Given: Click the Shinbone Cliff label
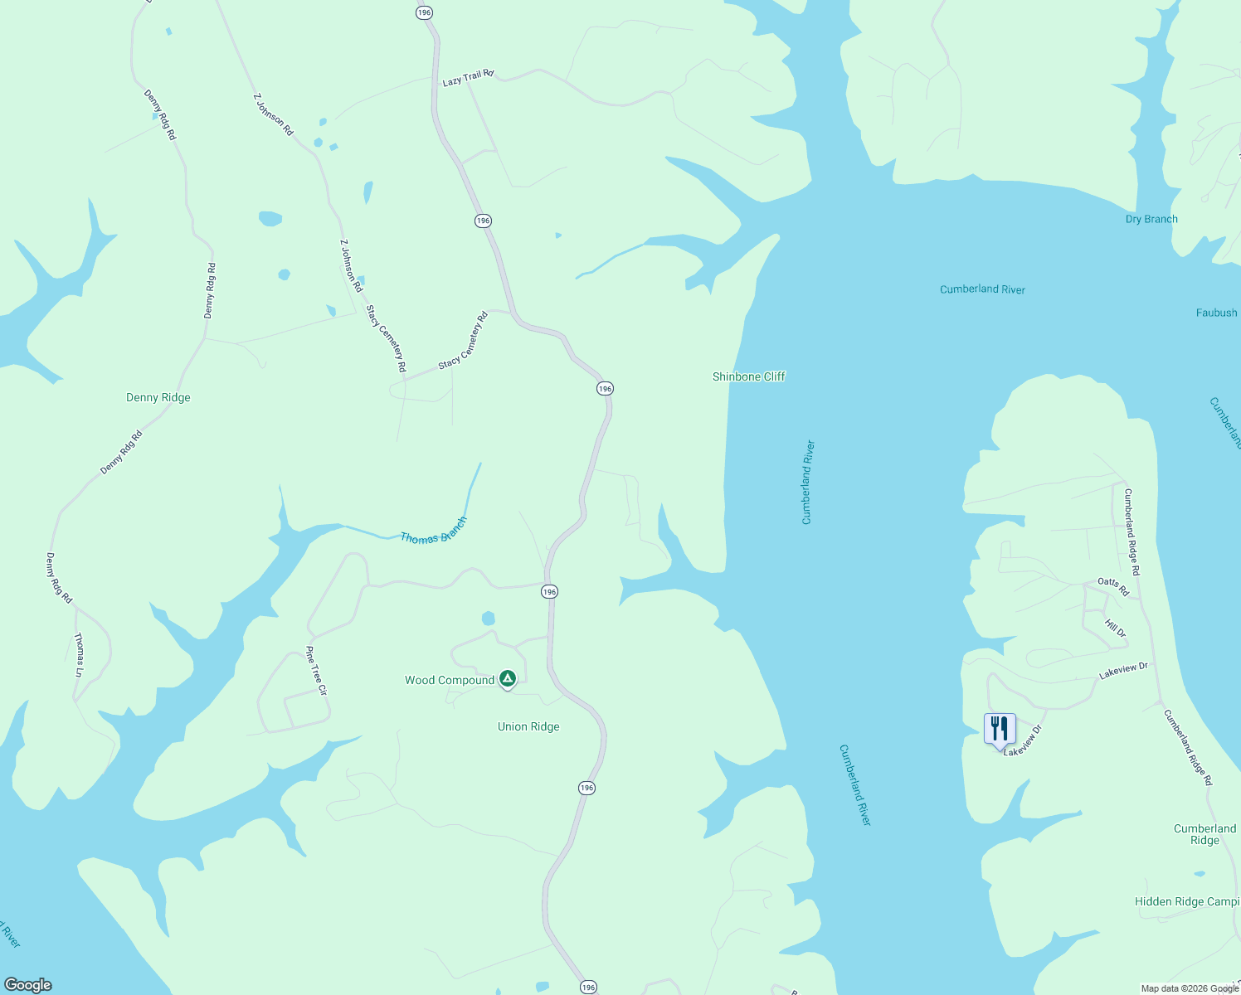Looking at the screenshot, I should tap(748, 376).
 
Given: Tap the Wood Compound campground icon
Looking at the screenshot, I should tap(508, 679).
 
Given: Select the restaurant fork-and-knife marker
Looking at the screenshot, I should tap(1000, 729).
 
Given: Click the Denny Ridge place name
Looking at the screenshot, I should tap(158, 398).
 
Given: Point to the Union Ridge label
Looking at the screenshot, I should tap(528, 727).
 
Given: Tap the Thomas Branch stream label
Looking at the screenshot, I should tap(434, 531).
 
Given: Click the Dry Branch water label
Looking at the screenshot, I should tap(1151, 219).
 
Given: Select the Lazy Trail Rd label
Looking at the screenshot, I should tap(468, 78).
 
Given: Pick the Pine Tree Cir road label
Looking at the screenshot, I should tap(317, 670).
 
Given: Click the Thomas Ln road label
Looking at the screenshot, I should tap(79, 655).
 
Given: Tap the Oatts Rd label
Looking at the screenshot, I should tap(1113, 586).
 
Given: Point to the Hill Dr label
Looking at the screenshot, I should tap(1116, 629).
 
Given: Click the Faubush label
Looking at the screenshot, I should tap(1216, 313).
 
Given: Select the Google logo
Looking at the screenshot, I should tap(28, 985).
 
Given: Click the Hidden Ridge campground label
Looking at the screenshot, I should tap(1186, 901).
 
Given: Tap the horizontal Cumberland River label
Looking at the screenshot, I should tap(982, 289).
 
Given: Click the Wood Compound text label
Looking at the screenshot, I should tap(450, 681).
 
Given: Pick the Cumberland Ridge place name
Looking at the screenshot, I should tap(1204, 834).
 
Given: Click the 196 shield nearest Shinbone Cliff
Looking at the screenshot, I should tap(605, 389).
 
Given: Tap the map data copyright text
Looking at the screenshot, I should tap(1190, 988).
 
